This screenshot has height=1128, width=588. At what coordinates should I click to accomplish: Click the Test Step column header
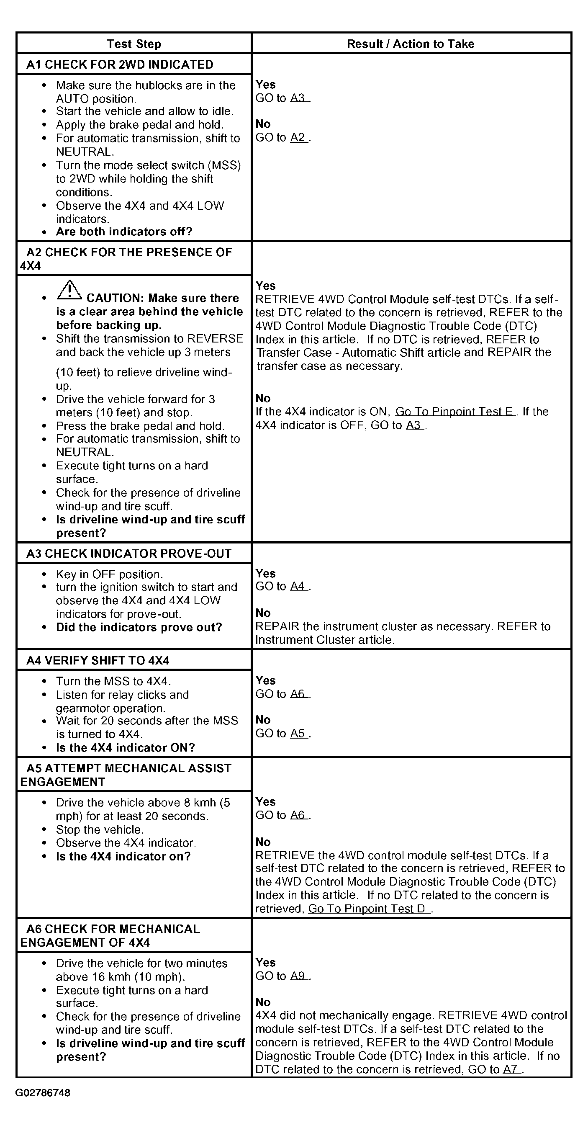click(134, 44)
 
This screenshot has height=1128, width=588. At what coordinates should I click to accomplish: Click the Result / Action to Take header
click(410, 44)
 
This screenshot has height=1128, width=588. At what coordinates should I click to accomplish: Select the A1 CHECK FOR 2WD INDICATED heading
click(120, 64)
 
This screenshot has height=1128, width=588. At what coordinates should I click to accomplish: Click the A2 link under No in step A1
click(298, 137)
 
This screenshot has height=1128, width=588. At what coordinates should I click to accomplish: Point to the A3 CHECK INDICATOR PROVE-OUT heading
click(129, 554)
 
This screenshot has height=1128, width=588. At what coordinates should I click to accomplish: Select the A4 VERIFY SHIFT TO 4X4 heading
click(98, 660)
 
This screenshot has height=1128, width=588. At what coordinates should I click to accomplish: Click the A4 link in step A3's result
click(298, 586)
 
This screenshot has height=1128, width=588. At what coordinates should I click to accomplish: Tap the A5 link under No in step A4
click(298, 734)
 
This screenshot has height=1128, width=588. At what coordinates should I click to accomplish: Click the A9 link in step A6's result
click(298, 976)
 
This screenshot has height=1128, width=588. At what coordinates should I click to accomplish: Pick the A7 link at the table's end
click(511, 1069)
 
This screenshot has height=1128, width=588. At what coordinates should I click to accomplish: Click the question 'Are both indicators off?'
click(124, 232)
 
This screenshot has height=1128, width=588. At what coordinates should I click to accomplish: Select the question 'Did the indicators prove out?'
click(139, 627)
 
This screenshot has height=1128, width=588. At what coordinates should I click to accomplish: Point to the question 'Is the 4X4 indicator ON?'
click(125, 747)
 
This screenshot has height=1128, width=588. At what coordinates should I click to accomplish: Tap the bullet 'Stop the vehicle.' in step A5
click(100, 829)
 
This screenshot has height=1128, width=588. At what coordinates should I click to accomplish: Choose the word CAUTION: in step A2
click(115, 298)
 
